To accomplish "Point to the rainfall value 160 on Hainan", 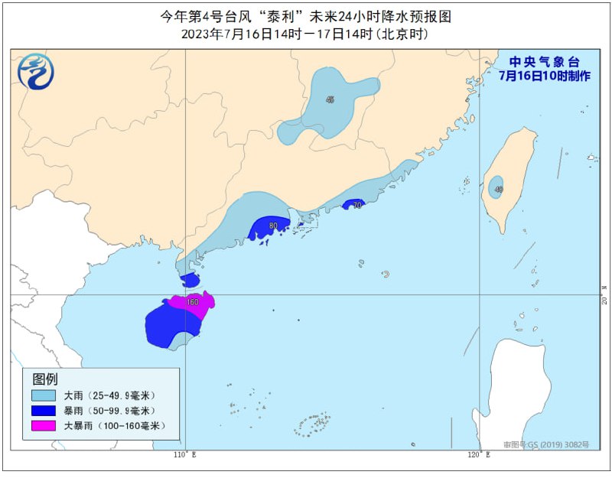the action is point(193,302).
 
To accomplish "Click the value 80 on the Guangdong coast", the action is point(273,226).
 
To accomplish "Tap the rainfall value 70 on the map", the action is point(356,205).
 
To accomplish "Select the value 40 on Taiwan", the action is point(499,190).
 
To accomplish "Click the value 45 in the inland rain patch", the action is point(330,100).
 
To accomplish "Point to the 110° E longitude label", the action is point(184,455).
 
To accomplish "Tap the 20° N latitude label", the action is point(604,294).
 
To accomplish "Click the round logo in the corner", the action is point(36,73).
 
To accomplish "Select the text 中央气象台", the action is point(544,62).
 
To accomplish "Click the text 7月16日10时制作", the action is point(544,76).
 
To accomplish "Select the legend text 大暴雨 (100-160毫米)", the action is point(114,426).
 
